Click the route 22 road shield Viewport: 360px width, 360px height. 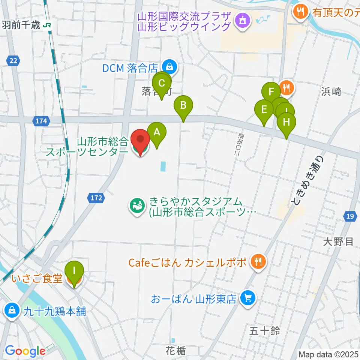[13, 60]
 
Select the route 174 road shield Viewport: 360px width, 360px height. [42, 121]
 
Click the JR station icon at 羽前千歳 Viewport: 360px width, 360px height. [47, 25]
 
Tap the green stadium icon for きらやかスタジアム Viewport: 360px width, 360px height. [136, 205]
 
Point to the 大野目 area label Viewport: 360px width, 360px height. [338, 242]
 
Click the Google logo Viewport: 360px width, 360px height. [25, 351]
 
